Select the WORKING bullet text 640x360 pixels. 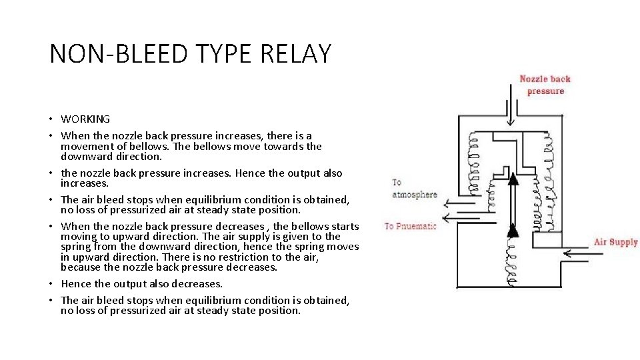point(85,119)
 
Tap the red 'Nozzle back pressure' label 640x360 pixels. point(545,85)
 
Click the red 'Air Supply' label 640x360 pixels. point(615,242)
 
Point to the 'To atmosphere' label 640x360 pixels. point(414,188)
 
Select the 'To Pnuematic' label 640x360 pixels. point(411,226)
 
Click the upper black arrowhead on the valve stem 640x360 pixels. point(512,178)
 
